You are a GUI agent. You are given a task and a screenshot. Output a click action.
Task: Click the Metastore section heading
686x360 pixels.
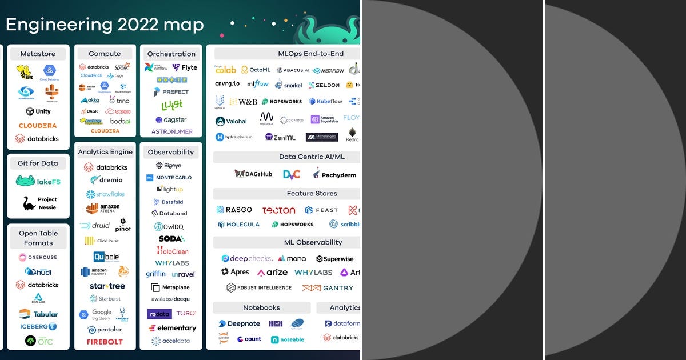[38, 54]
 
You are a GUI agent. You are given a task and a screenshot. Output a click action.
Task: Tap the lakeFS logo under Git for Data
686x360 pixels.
[38, 182]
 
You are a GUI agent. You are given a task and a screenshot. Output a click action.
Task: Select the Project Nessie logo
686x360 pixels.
[39, 203]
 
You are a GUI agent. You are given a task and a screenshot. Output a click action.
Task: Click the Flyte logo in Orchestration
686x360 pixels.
[185, 67]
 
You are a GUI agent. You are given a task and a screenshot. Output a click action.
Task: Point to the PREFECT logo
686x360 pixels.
[171, 91]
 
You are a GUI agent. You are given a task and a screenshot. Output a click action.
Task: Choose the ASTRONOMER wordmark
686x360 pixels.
[171, 131]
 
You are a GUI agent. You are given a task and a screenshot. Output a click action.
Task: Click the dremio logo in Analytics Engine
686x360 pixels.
[105, 180]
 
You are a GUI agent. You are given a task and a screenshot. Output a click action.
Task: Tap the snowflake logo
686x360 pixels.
[105, 194]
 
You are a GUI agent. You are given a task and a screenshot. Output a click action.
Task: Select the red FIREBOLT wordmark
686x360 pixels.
[105, 342]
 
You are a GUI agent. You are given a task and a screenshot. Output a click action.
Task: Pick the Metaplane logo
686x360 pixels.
[170, 287]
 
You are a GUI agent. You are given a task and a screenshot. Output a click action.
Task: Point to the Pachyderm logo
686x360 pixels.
[334, 174]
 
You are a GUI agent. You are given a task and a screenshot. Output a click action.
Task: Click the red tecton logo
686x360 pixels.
[279, 210]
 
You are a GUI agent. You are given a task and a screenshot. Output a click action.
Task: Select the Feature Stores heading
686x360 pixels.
[312, 193]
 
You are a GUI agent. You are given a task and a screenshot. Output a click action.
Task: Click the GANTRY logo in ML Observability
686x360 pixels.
[328, 288]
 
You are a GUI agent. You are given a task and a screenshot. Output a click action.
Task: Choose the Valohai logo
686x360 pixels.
[232, 121]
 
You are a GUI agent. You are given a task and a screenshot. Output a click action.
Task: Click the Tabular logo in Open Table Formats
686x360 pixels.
[38, 314]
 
